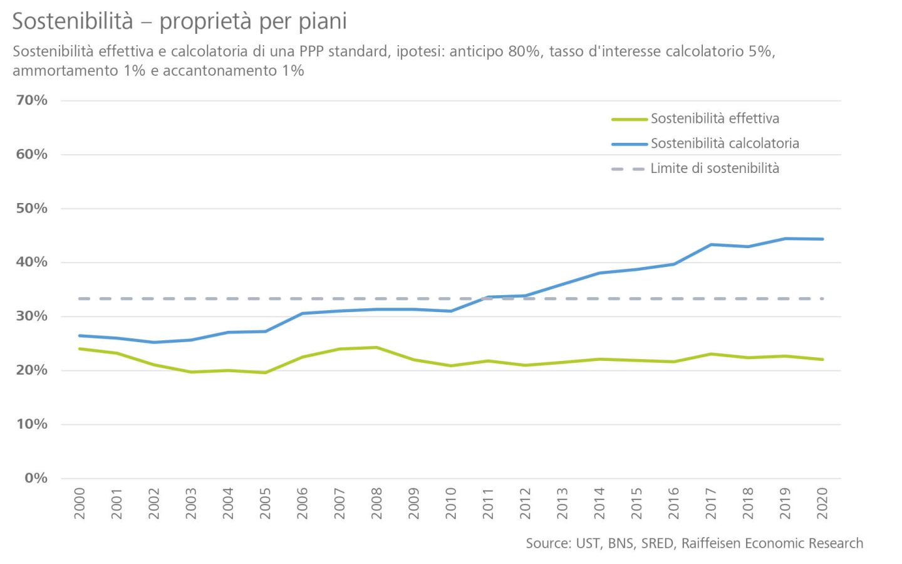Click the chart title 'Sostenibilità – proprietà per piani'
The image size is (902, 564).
point(179,21)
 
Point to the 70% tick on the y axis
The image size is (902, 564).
point(32,100)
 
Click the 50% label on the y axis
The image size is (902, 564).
point(32,208)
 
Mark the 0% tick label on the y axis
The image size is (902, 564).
point(36,478)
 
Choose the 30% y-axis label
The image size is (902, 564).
point(32,316)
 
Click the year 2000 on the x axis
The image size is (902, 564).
point(80,503)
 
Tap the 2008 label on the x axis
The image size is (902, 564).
point(376,503)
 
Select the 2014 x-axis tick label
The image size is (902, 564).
point(599,503)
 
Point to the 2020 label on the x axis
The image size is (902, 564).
point(822,503)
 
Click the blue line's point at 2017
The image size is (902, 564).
point(711,244)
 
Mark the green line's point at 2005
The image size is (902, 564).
point(265,373)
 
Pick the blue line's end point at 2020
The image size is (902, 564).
point(822,239)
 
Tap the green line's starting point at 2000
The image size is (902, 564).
point(80,348)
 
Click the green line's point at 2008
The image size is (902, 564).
point(376,347)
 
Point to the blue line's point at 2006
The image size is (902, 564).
point(303,313)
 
